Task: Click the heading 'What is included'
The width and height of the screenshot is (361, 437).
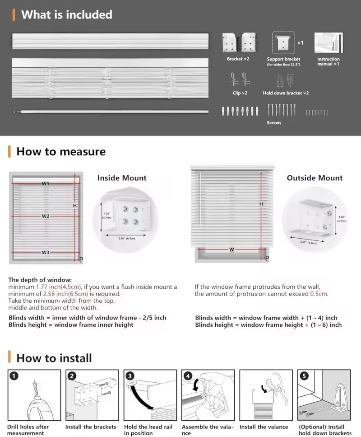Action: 66,14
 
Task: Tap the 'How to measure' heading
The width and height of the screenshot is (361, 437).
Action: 61,151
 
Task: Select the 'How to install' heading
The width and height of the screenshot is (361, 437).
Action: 54,358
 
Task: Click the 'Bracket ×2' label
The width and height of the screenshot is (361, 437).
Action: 238,59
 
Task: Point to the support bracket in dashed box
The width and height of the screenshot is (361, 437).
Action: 283,43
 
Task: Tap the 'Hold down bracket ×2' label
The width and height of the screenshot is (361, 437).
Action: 286,93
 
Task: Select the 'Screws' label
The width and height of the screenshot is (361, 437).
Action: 274,122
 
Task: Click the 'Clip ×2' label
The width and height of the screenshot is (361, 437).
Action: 240,93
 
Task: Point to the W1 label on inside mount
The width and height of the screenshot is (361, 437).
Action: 46,183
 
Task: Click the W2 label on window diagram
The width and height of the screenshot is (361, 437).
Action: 46,216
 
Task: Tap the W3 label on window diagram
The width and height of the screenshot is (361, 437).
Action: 46,252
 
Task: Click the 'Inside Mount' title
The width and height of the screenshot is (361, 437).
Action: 122,178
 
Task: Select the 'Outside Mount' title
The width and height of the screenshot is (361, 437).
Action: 315,178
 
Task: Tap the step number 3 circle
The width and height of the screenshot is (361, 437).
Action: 130,376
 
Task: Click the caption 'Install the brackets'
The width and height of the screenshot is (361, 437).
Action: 91,427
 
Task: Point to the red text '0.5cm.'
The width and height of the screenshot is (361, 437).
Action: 319,294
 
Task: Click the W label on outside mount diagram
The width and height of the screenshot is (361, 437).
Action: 231,249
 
